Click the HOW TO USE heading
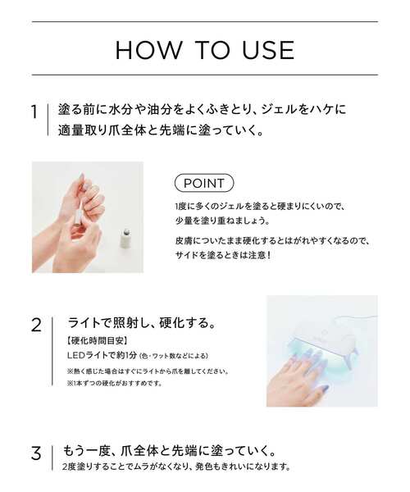tap(205, 50)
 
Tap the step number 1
tap(35, 112)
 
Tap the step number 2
tap(35, 324)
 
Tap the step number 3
tap(35, 453)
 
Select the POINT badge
tap(204, 182)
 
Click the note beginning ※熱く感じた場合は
tap(148, 370)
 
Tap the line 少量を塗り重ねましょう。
tap(222, 220)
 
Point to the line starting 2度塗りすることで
tap(177, 467)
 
